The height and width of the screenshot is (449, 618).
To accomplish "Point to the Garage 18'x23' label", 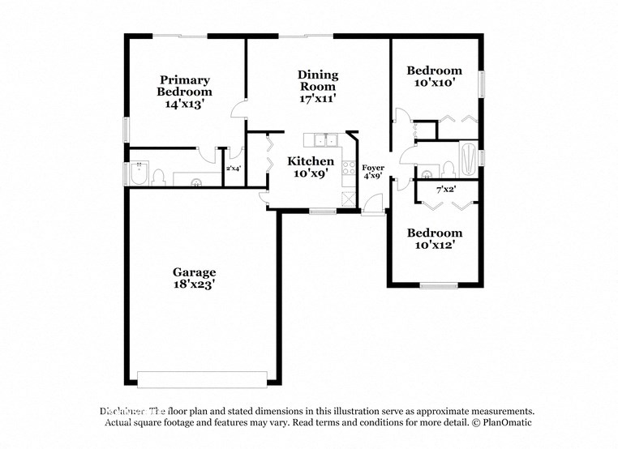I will coord(194,278).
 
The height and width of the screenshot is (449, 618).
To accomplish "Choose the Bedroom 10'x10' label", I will coord(434,76).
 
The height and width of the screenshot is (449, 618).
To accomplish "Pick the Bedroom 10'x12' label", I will coord(434,238).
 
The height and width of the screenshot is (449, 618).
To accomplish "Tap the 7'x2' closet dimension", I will coord(445,190).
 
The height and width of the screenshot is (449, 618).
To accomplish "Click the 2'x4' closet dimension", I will coord(233,169).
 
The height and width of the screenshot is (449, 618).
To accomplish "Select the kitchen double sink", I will coord(321,140).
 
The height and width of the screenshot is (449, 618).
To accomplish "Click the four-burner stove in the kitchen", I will coord(349,169).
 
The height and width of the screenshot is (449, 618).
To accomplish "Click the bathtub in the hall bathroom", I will coord(469,158).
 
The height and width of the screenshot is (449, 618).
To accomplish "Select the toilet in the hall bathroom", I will coord(447,169).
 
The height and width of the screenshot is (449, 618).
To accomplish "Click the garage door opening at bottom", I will coord(202,379).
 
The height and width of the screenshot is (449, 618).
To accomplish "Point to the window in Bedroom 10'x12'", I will coord(439,284).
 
